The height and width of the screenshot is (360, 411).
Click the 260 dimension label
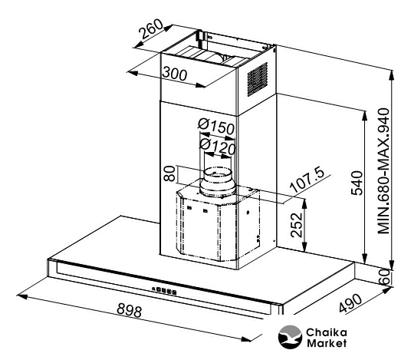(151, 29)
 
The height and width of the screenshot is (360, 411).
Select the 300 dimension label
(175, 74)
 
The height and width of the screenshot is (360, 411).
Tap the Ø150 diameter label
(216, 127)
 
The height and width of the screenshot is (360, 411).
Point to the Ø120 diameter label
(217, 147)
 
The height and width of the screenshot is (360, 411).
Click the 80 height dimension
(170, 173)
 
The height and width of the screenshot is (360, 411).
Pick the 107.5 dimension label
(307, 179)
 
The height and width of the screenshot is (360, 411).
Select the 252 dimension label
(297, 225)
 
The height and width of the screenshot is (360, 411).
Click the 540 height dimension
(357, 183)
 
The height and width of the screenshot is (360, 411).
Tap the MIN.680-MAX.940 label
(383, 171)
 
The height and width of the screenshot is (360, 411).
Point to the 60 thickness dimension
(384, 276)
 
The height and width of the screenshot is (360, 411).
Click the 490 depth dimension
(350, 303)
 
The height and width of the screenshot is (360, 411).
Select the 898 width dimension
(130, 310)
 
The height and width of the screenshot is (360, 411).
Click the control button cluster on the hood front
(164, 290)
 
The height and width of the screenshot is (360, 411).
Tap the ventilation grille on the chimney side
(258, 79)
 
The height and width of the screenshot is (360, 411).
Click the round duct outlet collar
(217, 182)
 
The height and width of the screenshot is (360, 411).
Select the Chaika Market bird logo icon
(290, 337)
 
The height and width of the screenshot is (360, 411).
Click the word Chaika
(327, 332)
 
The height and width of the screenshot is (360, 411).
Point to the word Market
(327, 343)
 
